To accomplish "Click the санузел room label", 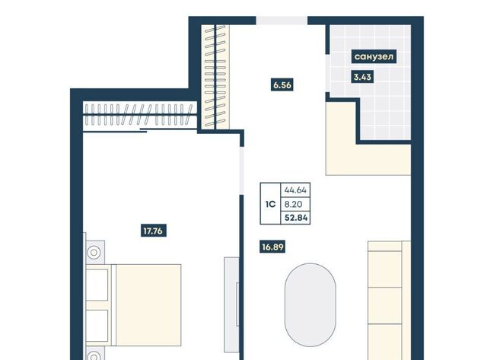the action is [374, 56].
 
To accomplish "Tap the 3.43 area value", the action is [362, 77].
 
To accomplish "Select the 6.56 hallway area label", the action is [282, 84].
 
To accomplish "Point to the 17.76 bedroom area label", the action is [153, 231].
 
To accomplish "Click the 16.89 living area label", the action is [272, 247].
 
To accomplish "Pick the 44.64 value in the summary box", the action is [295, 190].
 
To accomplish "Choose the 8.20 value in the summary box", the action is [293, 205].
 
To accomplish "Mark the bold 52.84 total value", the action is [296, 218].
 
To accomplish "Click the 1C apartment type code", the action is [271, 204].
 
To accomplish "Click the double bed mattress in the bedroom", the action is [148, 305].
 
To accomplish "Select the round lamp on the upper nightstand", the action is [94, 253].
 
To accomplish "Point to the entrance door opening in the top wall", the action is [282, 21].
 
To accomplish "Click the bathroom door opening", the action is [327, 74].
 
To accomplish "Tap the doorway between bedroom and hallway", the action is [241, 170].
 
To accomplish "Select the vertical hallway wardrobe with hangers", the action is [215, 77].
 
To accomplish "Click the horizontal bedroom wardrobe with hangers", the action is [140, 114].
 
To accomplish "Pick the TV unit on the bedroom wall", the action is [231, 304].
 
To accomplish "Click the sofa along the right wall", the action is [390, 301].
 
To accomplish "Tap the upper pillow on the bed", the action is [97, 285].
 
